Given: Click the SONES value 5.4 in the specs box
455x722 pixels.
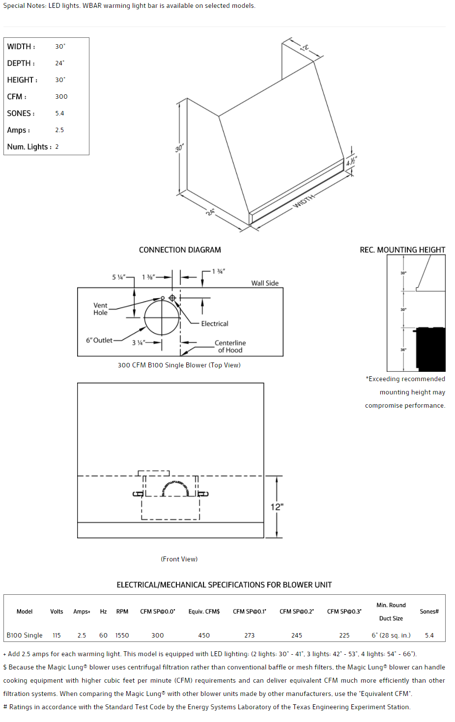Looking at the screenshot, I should coord(59,113).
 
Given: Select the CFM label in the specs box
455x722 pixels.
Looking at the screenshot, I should coord(17,97).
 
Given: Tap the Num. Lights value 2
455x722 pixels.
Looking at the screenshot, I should coord(57,147).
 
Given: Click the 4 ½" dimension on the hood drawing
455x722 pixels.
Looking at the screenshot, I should coord(351,161).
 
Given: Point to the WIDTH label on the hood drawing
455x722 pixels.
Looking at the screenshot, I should coord(304,201).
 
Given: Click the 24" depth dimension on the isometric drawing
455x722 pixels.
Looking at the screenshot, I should coord(210,212).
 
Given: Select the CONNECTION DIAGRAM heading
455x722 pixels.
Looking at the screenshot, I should coord(180,250).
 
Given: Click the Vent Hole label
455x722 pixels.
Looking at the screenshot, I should coord(100,309).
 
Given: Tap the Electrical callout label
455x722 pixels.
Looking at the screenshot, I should coord(215,324).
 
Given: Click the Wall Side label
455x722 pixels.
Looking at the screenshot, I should coord(265,283).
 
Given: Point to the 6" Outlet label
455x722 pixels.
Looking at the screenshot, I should coord(99,340).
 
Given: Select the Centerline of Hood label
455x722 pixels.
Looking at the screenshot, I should coord(230,347).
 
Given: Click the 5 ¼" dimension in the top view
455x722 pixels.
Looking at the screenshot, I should coord(118,277).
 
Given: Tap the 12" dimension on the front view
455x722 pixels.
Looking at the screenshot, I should coord(277,507).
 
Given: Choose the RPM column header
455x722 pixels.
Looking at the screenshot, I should coord(122,611).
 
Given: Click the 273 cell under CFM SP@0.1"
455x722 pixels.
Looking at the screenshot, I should coord(250,636).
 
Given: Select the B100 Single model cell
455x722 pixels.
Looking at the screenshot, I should coord(25,636).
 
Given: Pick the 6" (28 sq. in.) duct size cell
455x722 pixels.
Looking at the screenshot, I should coord(391,636).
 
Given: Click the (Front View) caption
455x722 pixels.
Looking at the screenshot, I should coord(179,559).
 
